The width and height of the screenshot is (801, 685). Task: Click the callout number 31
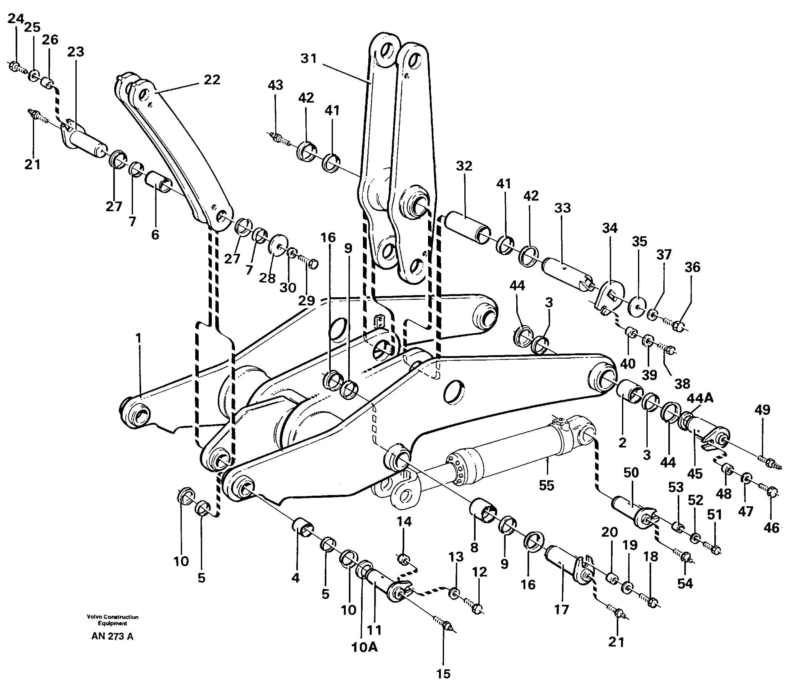pyautogui.click(x=309, y=59)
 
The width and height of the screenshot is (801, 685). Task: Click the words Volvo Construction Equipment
pyautogui.click(x=112, y=620)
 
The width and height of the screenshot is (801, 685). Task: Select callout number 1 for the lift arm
pyautogui.click(x=138, y=338)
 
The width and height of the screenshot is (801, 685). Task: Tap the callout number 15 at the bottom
pyautogui.click(x=443, y=674)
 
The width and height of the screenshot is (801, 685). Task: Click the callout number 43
pyautogui.click(x=275, y=85)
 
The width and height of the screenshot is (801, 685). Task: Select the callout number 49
pyautogui.click(x=762, y=410)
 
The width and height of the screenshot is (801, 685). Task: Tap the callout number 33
pyautogui.click(x=563, y=208)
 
